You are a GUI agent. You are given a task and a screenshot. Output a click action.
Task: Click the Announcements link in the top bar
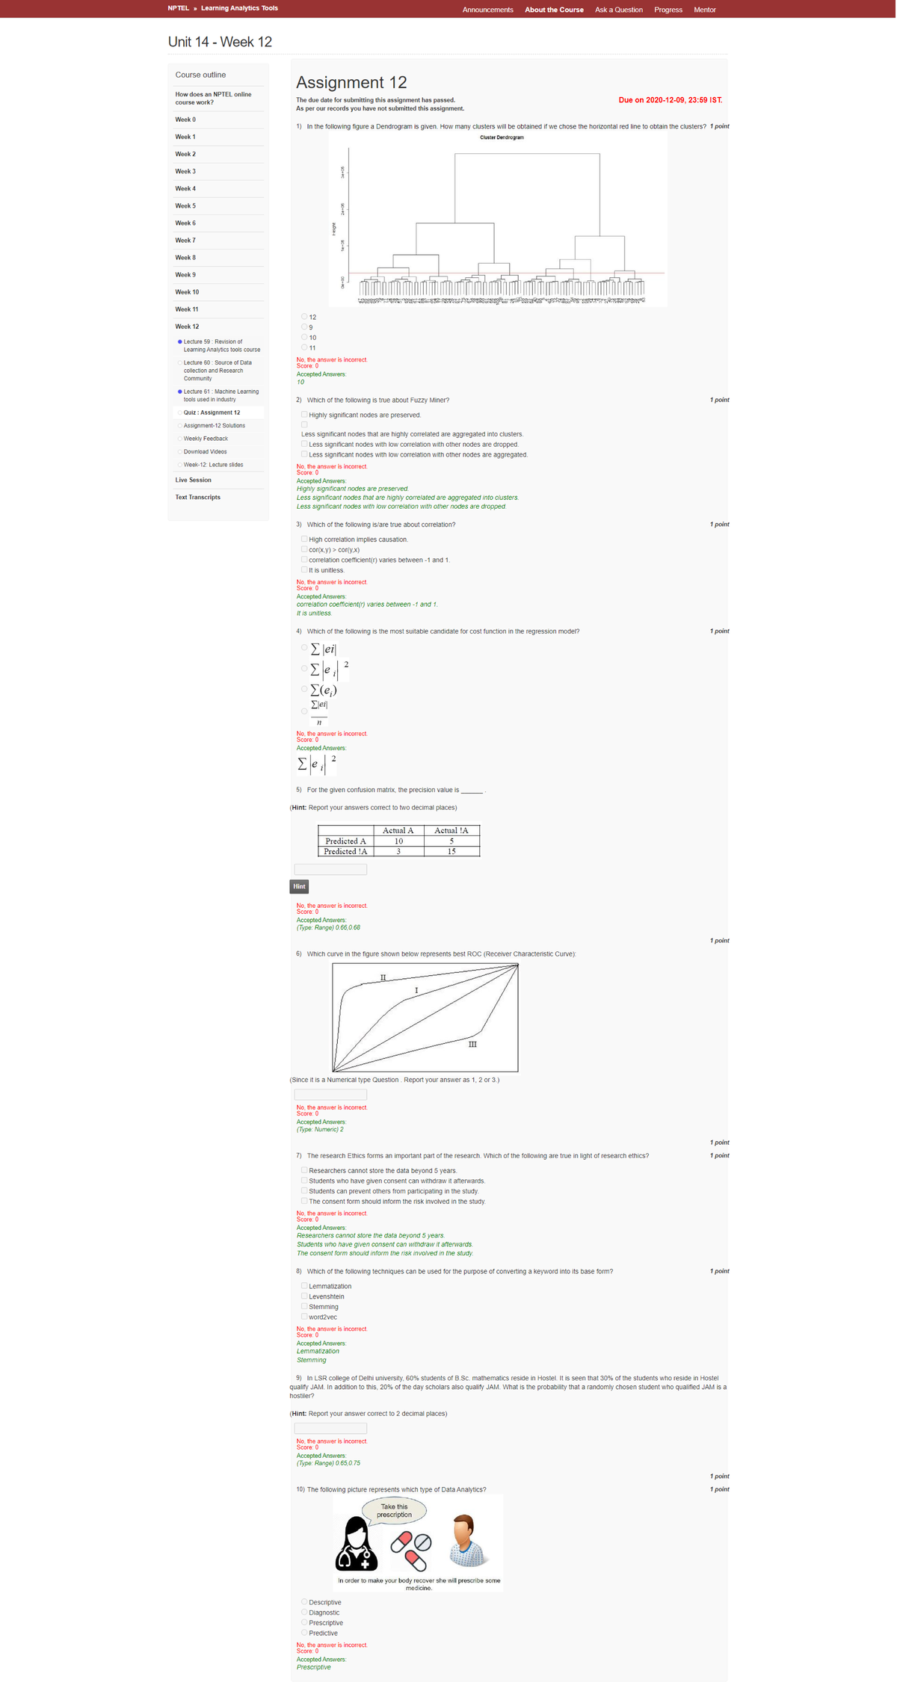coord(487,10)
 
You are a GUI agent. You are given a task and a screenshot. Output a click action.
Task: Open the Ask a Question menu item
coord(618,10)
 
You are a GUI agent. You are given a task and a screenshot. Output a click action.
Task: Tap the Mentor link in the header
coord(704,10)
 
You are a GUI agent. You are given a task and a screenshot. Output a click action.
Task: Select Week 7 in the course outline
coord(185,241)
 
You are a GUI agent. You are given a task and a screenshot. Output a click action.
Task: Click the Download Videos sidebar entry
coord(206,452)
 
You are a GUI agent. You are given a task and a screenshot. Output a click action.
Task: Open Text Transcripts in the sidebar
coord(197,498)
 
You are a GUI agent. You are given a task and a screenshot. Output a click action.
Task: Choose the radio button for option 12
coord(304,317)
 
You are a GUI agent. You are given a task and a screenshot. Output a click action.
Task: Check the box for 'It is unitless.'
coord(304,570)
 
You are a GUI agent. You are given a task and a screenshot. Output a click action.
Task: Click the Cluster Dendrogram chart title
coord(502,137)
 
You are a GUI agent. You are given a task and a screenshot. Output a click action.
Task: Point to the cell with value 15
coord(451,851)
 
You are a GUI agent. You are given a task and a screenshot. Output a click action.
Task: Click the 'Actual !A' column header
coord(451,830)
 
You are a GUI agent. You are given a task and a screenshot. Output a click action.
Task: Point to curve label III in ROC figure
coord(472,1044)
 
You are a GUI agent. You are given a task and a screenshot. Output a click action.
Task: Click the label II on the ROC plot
coord(383,977)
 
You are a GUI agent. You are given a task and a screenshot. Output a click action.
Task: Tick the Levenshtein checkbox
coord(304,1296)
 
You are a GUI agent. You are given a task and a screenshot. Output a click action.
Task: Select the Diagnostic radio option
coord(304,1612)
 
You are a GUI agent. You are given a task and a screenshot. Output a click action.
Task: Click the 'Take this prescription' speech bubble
coord(394,1510)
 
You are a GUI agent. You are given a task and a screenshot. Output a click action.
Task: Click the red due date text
coord(670,100)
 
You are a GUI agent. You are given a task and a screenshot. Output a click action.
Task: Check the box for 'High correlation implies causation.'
coord(304,539)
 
